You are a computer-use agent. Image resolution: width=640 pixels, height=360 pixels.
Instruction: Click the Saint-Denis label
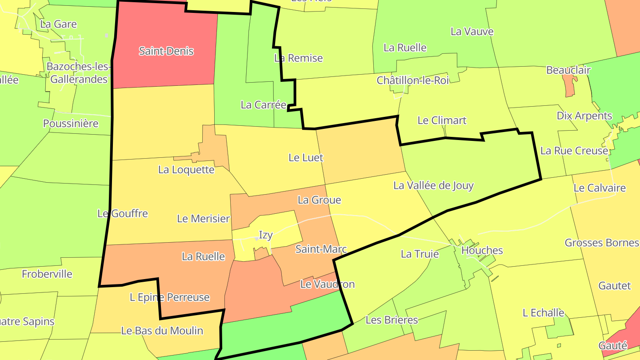coord(166,51)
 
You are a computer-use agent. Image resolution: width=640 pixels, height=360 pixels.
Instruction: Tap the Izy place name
coord(266,235)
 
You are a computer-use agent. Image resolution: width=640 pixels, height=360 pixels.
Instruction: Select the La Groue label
coord(319,200)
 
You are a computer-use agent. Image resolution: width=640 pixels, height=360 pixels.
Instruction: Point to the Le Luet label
coord(306,158)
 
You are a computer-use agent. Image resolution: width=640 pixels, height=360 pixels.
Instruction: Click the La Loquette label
coord(186,170)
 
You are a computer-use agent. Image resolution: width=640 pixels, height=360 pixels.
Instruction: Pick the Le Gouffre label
coord(123,214)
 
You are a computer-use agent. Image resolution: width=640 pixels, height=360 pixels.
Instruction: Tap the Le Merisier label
coord(203,219)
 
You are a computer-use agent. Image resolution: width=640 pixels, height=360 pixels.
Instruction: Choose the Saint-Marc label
coord(321,249)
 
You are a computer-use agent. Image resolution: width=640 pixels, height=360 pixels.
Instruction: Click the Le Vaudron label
coord(328,284)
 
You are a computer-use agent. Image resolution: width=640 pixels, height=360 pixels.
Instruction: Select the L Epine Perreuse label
coord(169,297)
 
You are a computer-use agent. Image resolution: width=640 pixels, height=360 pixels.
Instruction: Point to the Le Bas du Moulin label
coord(162,331)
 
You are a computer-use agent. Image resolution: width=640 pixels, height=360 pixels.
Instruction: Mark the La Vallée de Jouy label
coord(433,186)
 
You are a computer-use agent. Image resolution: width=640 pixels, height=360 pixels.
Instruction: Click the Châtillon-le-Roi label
coord(413,80)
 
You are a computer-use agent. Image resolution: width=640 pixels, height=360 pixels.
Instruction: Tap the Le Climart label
coord(442,120)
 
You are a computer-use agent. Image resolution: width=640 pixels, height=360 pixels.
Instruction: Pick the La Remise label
coord(298,58)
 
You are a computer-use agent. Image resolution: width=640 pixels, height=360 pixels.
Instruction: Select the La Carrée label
coord(264,105)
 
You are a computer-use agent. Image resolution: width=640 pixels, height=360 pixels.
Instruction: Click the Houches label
coord(482,251)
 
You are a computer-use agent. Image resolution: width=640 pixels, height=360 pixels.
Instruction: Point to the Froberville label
coord(47,274)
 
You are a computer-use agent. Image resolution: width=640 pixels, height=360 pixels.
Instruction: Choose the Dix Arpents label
coord(584,116)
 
